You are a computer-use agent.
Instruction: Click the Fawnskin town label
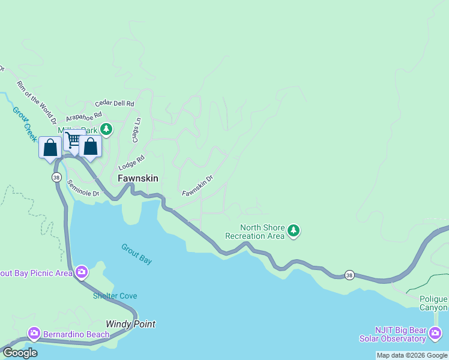click(x=138, y=178)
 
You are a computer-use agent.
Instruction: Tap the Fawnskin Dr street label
click(x=197, y=185)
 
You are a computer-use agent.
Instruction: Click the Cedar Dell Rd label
click(x=115, y=103)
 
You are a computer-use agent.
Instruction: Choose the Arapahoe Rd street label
click(x=84, y=116)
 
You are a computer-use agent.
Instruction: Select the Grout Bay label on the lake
click(x=137, y=254)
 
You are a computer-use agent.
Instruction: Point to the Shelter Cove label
click(x=115, y=296)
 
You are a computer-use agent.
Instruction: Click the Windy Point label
click(x=131, y=324)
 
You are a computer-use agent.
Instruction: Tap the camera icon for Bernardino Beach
click(x=34, y=332)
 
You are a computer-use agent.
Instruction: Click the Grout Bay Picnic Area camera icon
click(x=81, y=273)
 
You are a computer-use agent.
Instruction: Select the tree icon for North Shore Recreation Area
click(x=293, y=230)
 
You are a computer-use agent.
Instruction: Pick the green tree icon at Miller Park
click(x=106, y=129)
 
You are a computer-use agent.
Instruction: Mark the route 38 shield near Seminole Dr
click(x=56, y=178)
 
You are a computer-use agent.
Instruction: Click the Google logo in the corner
click(x=19, y=353)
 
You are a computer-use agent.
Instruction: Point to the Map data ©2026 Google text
click(x=412, y=355)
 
